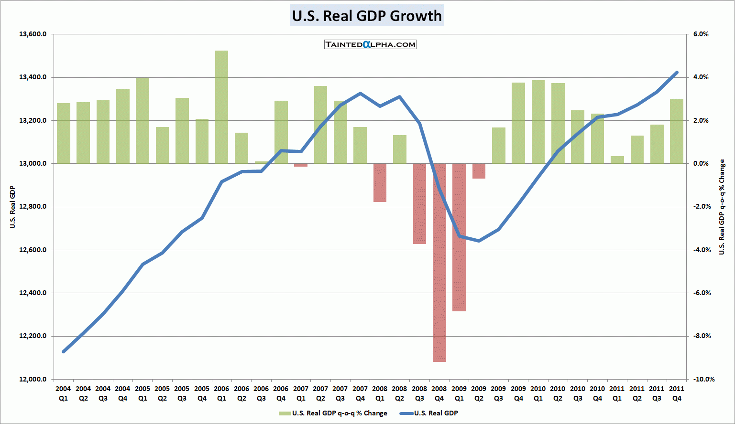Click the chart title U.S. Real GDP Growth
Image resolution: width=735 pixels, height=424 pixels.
367,16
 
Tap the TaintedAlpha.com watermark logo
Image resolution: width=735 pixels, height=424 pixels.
370,44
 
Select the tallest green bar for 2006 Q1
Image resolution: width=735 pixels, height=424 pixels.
221,107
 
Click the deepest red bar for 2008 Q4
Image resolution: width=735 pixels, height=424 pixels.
439,263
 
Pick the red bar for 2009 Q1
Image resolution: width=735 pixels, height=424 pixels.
459,237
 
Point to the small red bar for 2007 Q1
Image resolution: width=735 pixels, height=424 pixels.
301,165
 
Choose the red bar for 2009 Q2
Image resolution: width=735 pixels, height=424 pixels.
479,171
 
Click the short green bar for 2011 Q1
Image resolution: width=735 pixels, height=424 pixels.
617,160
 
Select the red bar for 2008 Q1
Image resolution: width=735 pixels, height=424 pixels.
380,183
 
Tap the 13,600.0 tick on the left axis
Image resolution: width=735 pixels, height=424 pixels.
33,34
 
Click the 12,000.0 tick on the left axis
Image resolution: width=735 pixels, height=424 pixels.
33,379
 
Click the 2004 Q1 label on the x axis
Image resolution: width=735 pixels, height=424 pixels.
63,393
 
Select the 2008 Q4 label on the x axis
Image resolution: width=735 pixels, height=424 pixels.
439,393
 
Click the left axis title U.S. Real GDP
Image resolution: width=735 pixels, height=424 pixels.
13,207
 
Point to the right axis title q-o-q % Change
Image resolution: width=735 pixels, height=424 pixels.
722,207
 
